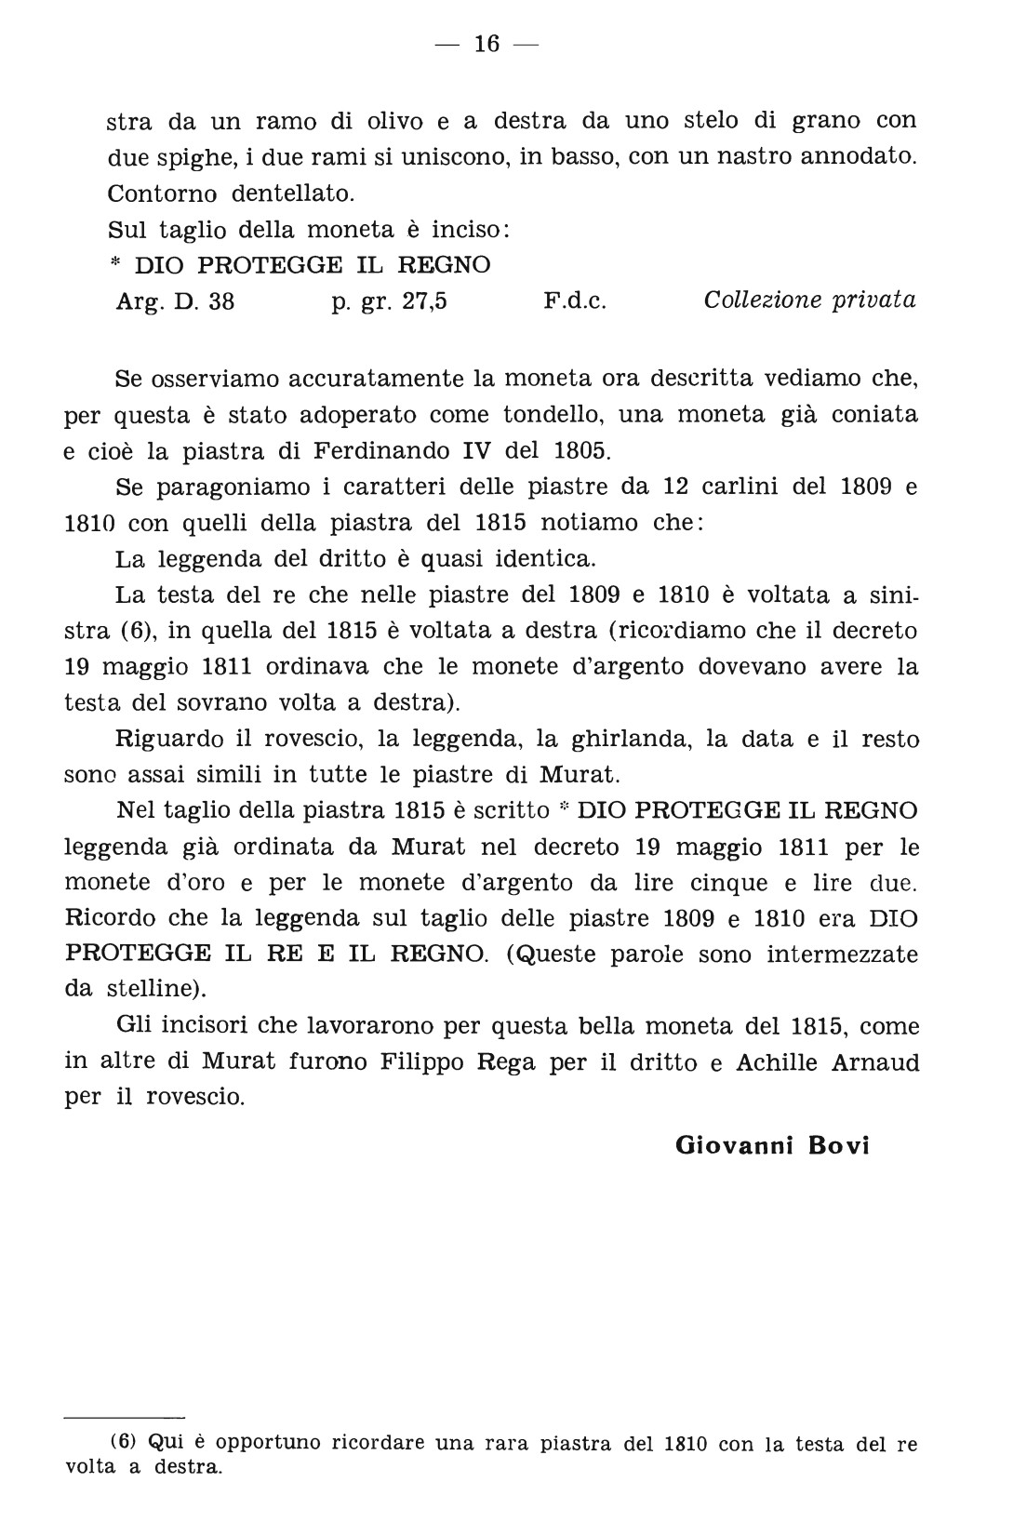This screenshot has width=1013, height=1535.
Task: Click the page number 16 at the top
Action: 487,44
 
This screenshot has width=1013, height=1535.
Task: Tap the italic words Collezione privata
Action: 809,300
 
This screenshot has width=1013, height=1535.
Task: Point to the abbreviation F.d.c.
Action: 573,301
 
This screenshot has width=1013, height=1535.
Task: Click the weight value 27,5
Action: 424,301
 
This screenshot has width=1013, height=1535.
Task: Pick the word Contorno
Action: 163,194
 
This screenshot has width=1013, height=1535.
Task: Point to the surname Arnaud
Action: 873,1062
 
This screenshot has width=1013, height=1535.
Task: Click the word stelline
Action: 148,990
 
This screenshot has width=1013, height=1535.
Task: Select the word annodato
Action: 856,156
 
